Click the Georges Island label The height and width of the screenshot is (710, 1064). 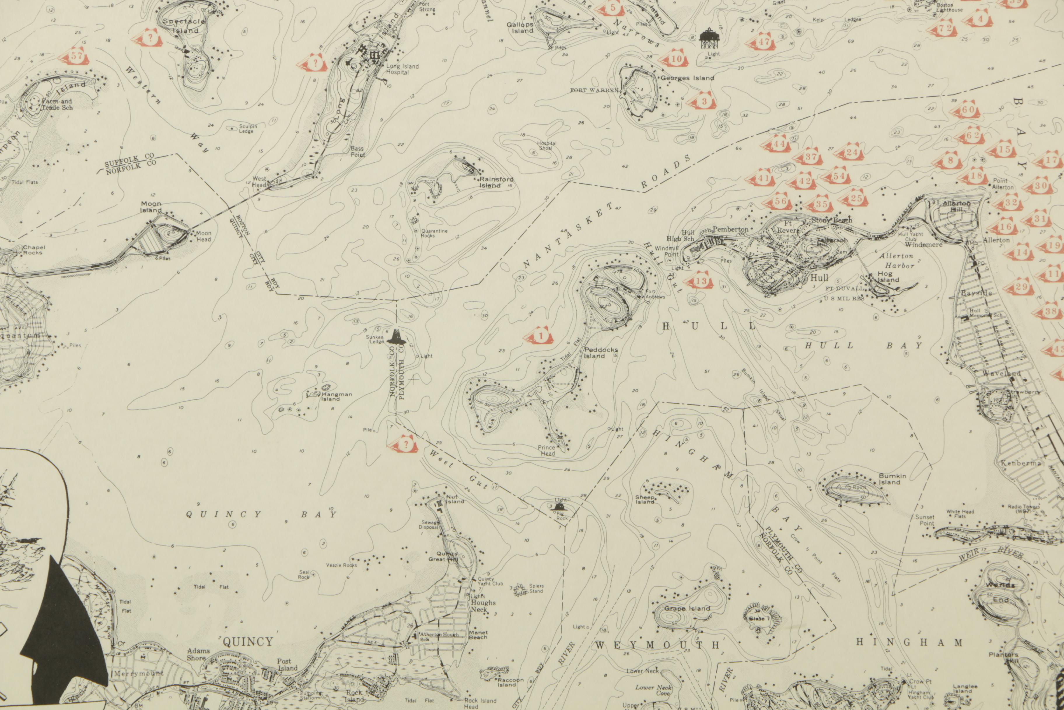point(687,78)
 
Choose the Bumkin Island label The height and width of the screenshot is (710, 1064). point(892,479)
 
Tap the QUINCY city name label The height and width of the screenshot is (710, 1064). point(248,642)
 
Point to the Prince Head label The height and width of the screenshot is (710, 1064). point(547,450)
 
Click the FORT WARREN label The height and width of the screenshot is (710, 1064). point(594,91)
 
